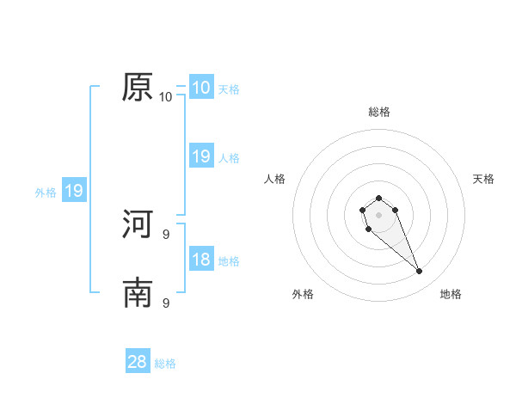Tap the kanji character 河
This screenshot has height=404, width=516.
click(138, 224)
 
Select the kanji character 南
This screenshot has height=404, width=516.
click(138, 293)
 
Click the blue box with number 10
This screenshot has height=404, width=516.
click(200, 88)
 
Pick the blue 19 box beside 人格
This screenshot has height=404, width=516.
click(200, 156)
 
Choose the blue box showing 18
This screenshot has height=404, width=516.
click(200, 260)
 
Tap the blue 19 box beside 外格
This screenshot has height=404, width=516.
click(73, 191)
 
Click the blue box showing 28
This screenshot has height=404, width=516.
click(138, 362)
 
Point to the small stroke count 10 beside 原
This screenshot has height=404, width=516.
click(166, 96)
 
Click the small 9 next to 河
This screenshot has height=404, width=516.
click(166, 234)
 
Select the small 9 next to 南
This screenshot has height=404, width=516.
click(166, 303)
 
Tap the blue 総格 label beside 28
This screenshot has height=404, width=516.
click(165, 364)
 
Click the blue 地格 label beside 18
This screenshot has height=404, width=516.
click(229, 261)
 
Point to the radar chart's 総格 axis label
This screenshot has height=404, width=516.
click(378, 112)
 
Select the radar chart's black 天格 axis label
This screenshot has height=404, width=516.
click(483, 179)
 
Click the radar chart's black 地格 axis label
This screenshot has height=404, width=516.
click(451, 294)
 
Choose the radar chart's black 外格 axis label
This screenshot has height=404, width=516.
click(303, 294)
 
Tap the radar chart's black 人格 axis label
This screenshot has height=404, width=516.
click(275, 179)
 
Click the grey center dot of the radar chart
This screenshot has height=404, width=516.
click(378, 215)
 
